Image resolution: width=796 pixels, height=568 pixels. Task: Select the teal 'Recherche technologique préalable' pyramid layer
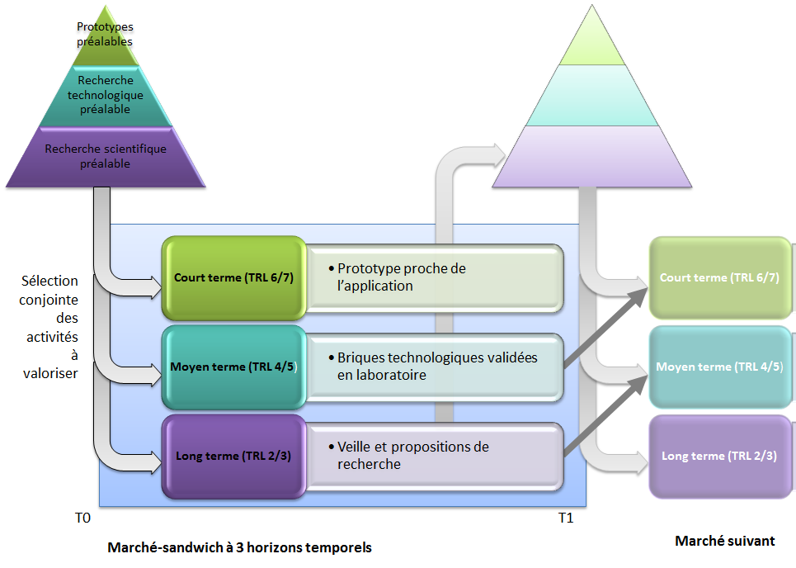[x=105, y=95]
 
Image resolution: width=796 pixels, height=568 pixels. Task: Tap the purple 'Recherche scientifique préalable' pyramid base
[x=105, y=156]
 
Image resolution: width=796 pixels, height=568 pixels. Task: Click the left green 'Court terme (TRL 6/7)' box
[x=233, y=277]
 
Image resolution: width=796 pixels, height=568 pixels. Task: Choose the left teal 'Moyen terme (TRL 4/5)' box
[x=233, y=367]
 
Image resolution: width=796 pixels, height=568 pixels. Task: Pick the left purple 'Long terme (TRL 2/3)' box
[x=233, y=456]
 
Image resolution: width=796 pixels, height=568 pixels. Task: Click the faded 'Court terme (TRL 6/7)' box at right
[x=719, y=277]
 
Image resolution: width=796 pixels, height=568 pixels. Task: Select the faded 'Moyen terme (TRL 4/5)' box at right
[x=719, y=367]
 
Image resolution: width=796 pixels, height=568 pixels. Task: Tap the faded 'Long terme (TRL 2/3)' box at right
[x=719, y=456]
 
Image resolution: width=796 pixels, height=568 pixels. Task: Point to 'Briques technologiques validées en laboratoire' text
[x=437, y=367]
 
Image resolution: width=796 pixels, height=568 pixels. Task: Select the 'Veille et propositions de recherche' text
[x=412, y=456]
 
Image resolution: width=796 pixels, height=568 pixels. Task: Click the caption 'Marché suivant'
[x=724, y=541]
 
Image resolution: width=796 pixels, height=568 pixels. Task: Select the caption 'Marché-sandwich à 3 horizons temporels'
[x=239, y=547]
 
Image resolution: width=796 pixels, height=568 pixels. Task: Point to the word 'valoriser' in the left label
[x=49, y=373]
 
